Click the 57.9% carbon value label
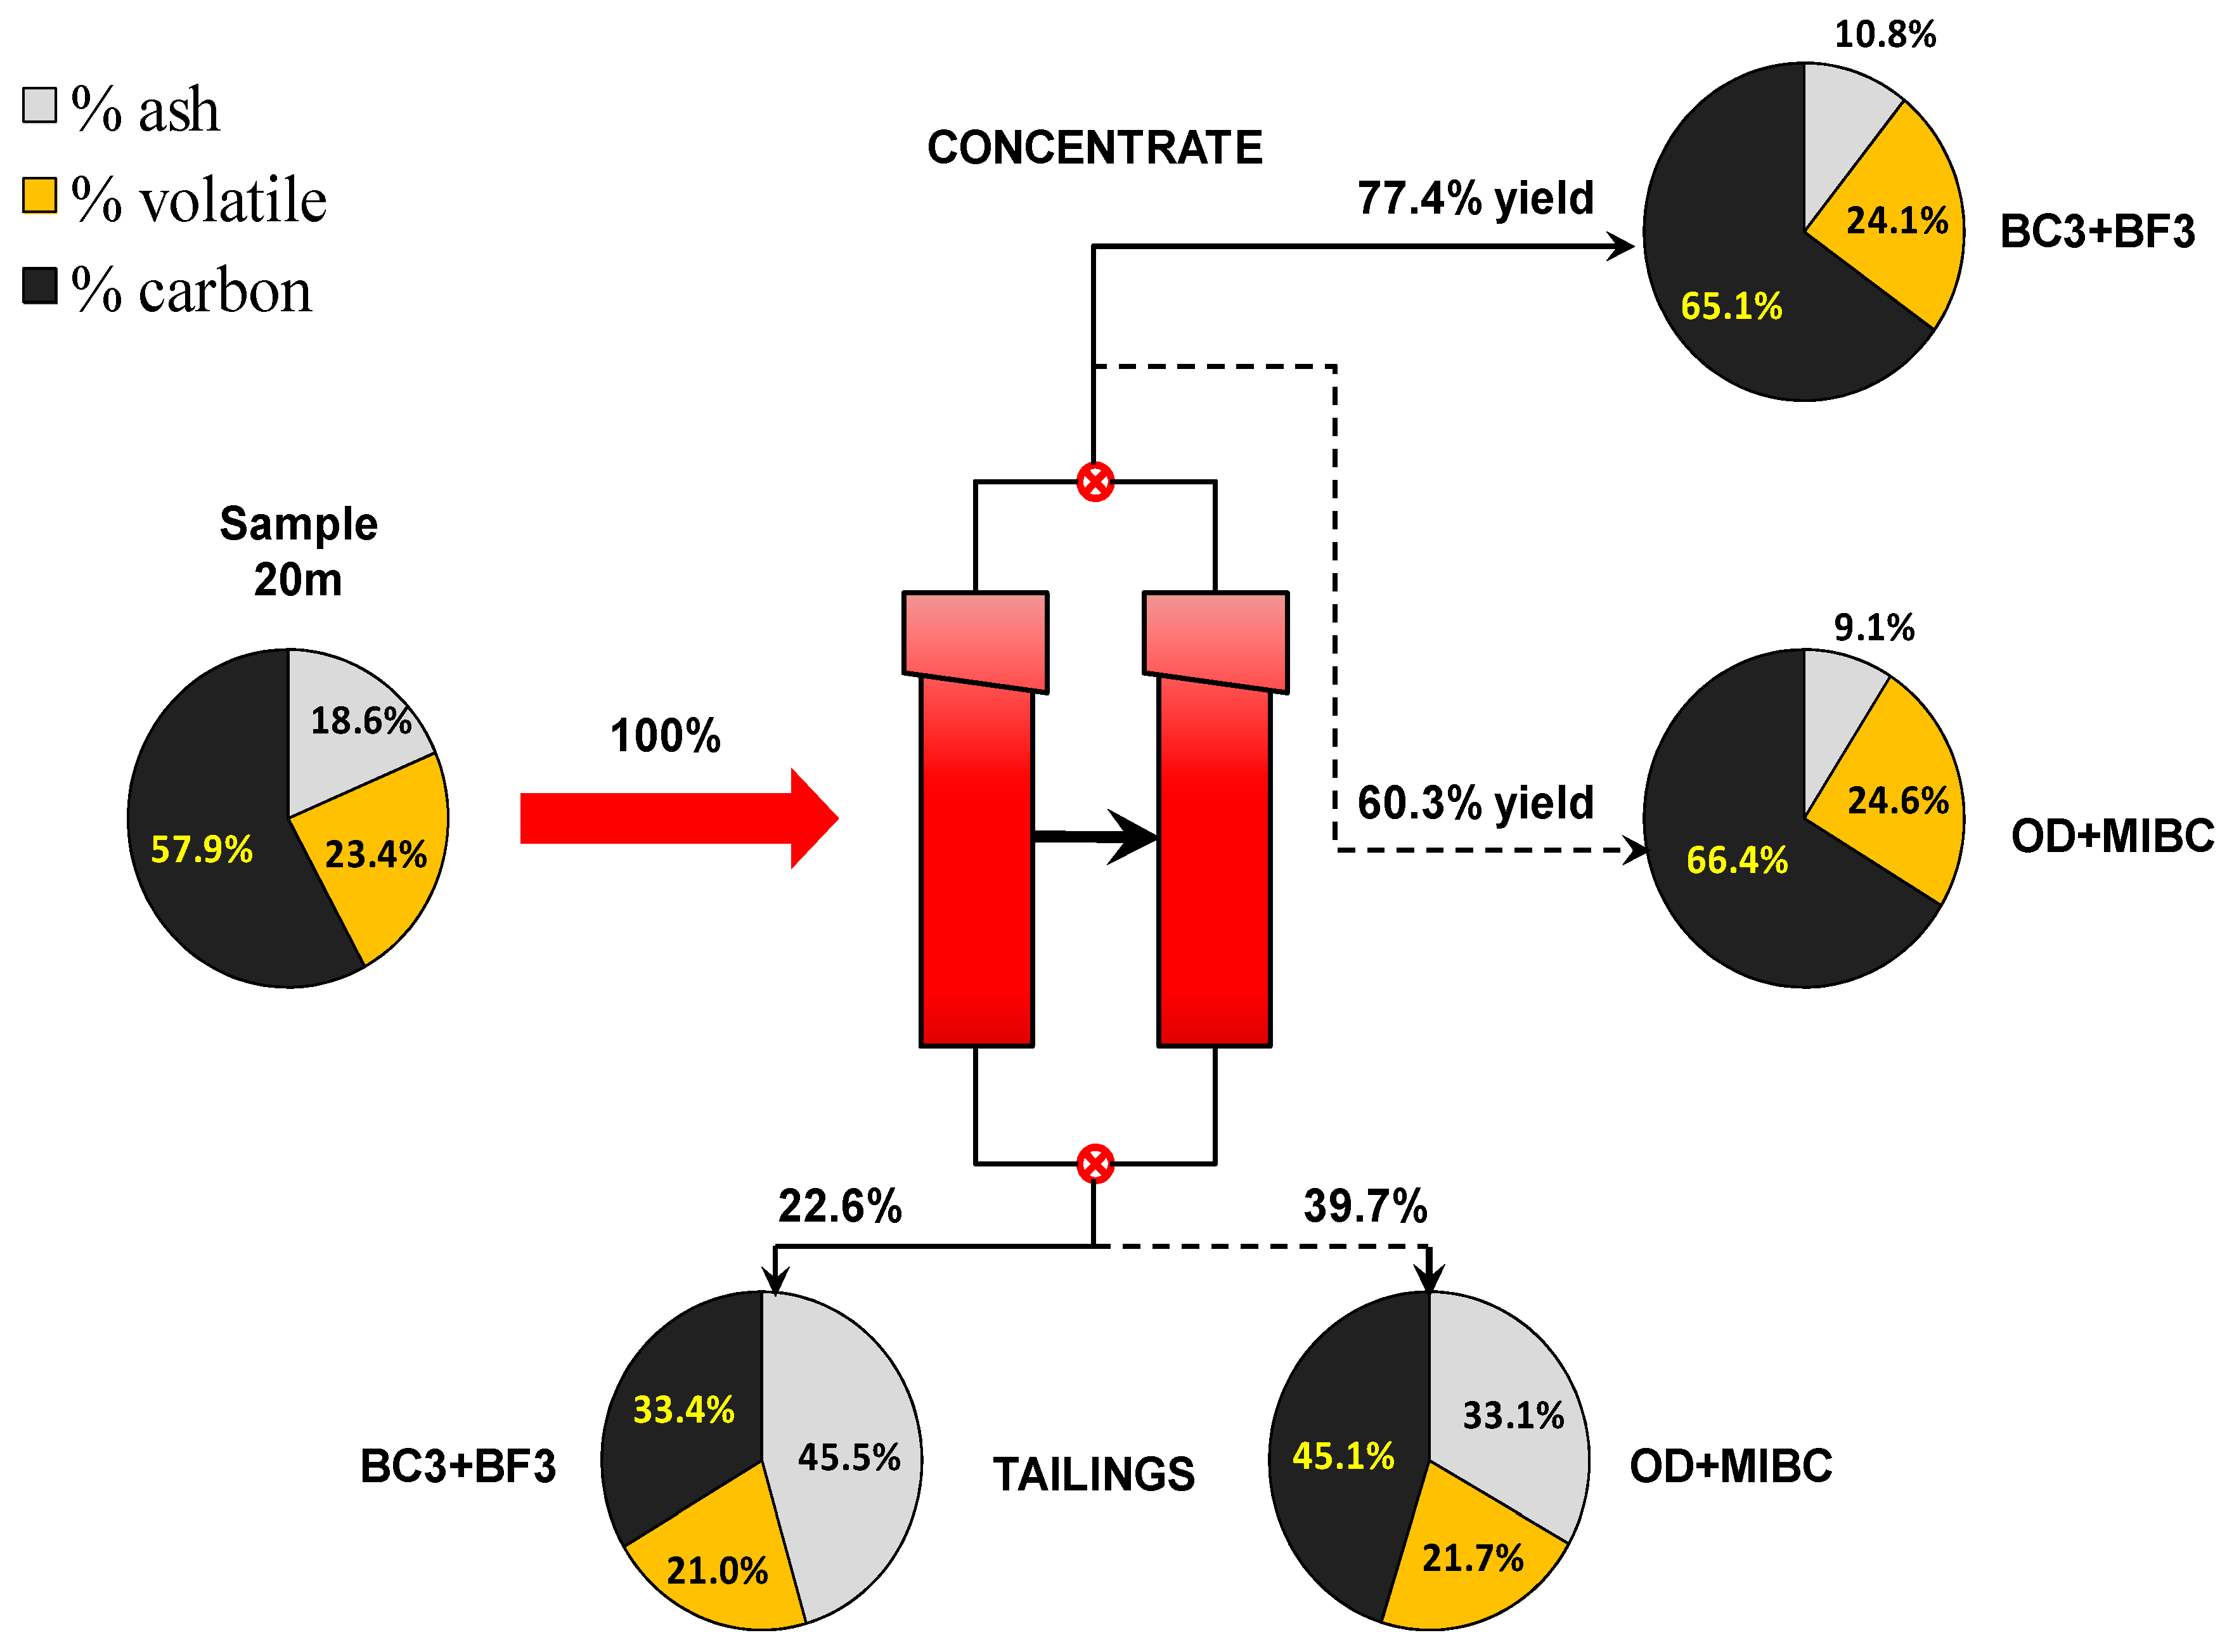point(202,849)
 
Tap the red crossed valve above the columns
point(1095,482)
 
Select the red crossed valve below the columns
point(1095,1163)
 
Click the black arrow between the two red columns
point(1097,836)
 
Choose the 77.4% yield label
point(1475,197)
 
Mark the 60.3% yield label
point(1475,803)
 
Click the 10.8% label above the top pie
point(1884,35)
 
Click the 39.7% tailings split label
point(1365,1206)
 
